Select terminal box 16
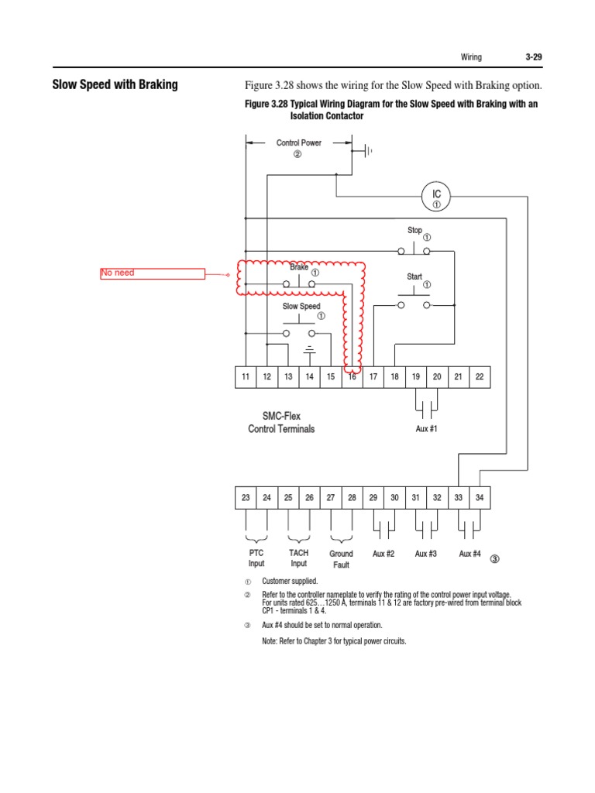pos(352,376)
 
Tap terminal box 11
pos(246,376)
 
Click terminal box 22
pos(480,376)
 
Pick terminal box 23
pos(246,498)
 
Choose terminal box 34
pos(480,498)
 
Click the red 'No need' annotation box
pos(153,273)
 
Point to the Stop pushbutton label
pos(414,230)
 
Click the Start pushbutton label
pos(414,276)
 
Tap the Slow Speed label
pos(301,307)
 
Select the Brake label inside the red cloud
pos(299,267)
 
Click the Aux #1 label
pos(427,429)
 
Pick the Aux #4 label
pos(469,554)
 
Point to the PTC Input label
pos(256,558)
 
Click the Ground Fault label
pos(341,559)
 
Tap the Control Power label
pos(299,143)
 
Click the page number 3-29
pos(532,57)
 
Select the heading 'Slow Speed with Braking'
pos(115,84)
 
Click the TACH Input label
pos(298,558)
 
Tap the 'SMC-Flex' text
pos(281,417)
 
